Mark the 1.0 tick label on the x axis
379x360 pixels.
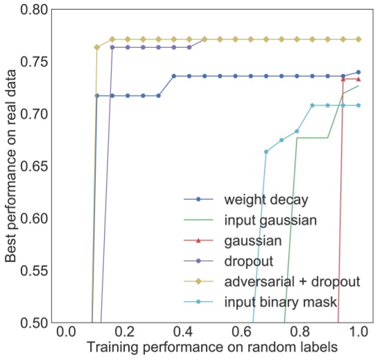[x=358, y=332]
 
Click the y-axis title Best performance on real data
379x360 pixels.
[x=12, y=166]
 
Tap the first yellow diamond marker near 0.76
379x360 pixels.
[x=97, y=47]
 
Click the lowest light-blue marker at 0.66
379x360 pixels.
[x=266, y=151]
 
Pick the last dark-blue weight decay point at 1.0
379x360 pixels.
[x=358, y=72]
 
